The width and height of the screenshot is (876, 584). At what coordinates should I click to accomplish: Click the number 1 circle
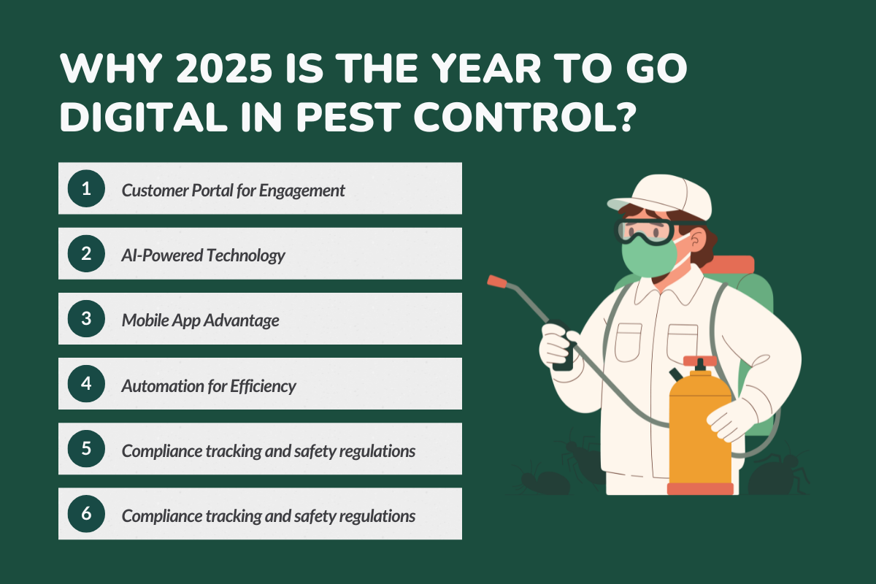click(86, 188)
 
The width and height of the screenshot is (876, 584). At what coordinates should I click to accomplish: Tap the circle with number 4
click(86, 383)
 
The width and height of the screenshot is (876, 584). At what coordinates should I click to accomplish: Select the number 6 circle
click(86, 513)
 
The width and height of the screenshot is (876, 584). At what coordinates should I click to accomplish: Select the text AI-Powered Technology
click(203, 255)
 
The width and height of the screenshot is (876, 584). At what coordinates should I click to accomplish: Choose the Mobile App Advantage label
click(200, 320)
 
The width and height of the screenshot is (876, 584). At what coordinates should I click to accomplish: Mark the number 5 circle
click(86, 448)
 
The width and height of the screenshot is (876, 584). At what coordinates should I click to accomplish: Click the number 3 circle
click(86, 318)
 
